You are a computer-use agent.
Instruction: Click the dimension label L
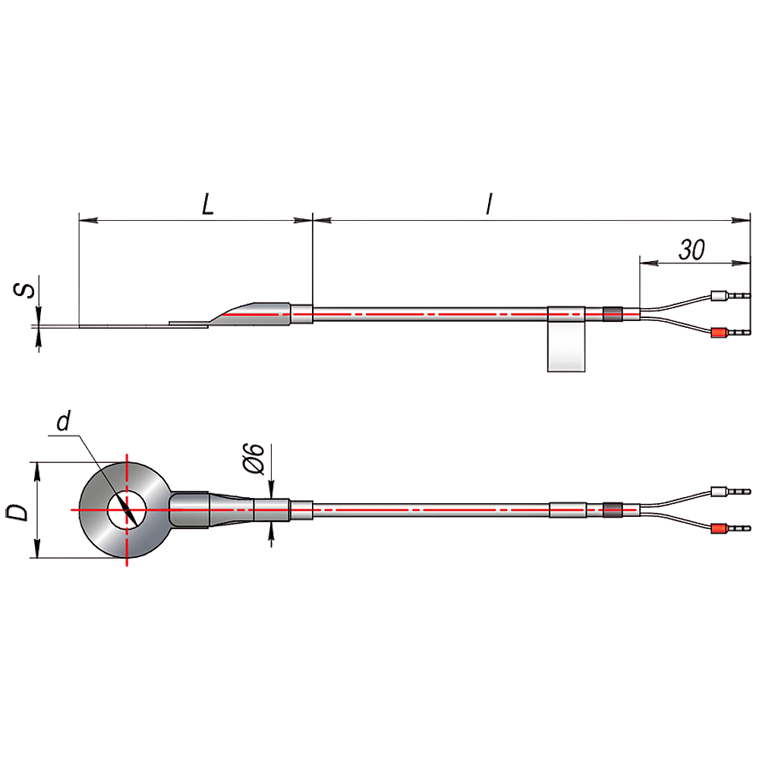[x=208, y=204]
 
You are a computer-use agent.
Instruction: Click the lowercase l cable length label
[x=490, y=203]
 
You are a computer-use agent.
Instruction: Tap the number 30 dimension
[x=691, y=250]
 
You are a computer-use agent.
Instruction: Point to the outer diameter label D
[x=17, y=512]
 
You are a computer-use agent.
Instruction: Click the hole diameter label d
[x=64, y=421]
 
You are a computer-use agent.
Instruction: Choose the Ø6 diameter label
[x=254, y=458]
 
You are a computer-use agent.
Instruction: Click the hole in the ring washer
[x=127, y=510]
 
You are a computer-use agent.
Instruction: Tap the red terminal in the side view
[x=720, y=333]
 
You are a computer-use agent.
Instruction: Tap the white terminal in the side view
[x=720, y=295]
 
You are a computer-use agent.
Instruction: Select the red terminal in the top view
[x=720, y=528]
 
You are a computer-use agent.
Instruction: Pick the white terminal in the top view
[x=720, y=492]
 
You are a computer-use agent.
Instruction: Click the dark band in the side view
[x=613, y=314]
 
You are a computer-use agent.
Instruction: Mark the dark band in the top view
[x=613, y=510]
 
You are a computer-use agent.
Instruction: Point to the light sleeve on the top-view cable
[x=568, y=510]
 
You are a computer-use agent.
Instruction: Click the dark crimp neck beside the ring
[x=189, y=510]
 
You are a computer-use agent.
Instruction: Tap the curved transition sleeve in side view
[x=252, y=313]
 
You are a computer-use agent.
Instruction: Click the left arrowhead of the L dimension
[x=89, y=220]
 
